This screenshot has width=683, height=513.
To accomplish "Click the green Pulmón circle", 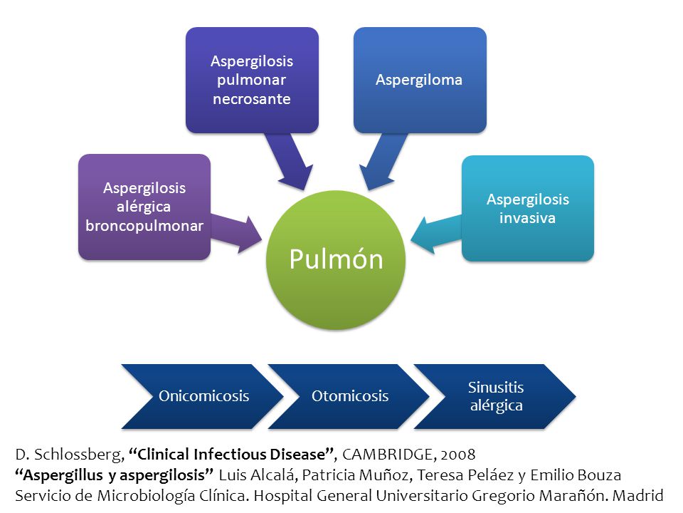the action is coord(336,259).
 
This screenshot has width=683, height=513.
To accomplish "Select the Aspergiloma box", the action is coord(420,80).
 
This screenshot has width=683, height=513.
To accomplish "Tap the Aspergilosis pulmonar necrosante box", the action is coord(252,80).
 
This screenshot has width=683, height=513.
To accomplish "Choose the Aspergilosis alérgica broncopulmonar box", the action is coord(144,207).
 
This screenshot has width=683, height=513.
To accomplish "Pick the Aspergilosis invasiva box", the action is coord(528,209).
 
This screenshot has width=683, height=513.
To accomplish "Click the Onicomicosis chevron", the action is coord(203,396).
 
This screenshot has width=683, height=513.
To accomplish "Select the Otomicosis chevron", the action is coord(349,396).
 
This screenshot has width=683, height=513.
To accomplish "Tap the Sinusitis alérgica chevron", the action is coord(495,396).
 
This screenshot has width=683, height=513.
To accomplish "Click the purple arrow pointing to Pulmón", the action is coord(236,234).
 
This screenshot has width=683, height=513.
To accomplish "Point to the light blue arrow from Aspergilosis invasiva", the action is coord(435,234).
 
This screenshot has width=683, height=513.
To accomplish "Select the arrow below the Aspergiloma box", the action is coord(383,162).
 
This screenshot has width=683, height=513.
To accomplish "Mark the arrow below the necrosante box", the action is coord(290,162).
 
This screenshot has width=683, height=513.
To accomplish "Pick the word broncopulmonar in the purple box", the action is coord(144,226).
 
